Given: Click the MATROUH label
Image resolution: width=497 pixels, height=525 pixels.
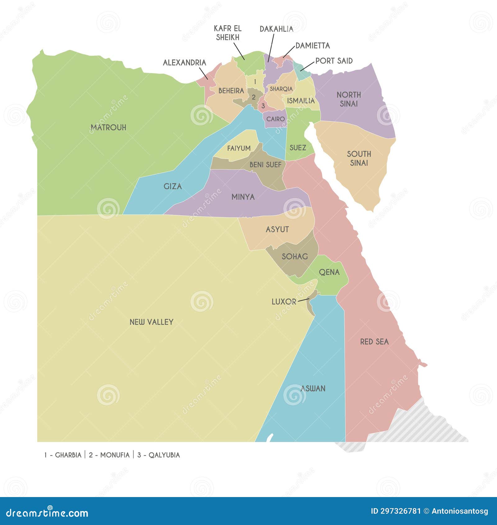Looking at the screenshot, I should [108, 127].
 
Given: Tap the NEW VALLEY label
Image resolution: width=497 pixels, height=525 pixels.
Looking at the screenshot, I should [151, 322].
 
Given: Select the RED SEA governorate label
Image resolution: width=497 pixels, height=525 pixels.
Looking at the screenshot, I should [374, 342].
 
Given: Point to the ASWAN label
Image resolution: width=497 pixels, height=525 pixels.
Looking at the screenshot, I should [313, 388].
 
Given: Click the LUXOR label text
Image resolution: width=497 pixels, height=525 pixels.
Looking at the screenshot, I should [284, 302].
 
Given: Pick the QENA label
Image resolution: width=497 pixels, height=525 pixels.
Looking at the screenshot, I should [329, 272].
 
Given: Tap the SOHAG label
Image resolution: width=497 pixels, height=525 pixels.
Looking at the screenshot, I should [294, 256].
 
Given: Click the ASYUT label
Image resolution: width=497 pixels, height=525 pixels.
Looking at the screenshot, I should [277, 229].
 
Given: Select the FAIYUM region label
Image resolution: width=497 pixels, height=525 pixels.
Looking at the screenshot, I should [239, 148].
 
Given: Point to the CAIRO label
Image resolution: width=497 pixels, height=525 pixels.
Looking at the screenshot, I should [275, 119].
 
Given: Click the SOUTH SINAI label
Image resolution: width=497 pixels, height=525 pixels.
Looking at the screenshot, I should [359, 158].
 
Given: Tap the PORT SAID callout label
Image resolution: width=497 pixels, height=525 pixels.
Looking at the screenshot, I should [334, 61].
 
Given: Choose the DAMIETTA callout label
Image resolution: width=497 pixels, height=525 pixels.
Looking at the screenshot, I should [312, 46].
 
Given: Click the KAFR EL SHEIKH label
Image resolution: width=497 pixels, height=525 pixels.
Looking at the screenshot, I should [227, 33].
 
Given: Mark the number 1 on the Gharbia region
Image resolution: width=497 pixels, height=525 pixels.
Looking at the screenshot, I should [255, 82].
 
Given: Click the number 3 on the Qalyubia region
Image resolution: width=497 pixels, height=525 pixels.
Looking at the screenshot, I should [263, 106].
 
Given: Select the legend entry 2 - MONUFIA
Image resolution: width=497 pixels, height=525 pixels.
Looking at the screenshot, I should [109, 455].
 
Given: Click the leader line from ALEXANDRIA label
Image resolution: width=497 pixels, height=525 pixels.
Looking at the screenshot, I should [203, 73].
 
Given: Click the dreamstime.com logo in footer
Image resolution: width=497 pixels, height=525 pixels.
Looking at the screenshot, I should [47, 513].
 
